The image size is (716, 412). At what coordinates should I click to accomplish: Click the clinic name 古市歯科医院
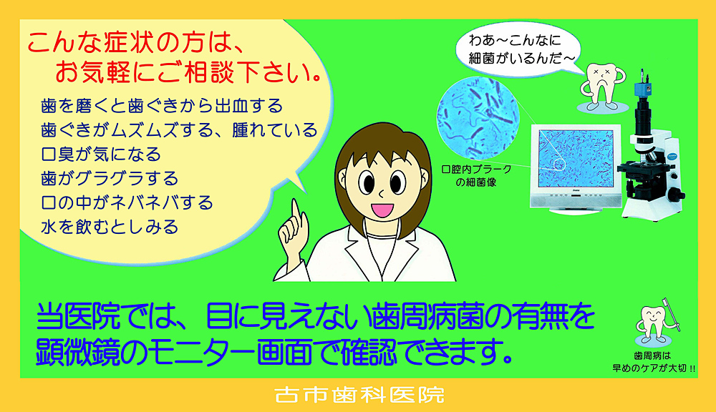click(x=359, y=395)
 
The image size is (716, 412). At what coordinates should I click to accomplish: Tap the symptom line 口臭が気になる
click(x=101, y=154)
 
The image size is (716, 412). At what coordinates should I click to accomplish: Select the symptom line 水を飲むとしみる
click(x=110, y=227)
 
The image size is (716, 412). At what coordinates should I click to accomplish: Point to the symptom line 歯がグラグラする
click(x=110, y=178)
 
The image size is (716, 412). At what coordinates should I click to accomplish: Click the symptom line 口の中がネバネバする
click(x=127, y=202)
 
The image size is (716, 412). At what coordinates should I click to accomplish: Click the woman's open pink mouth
click(x=382, y=210)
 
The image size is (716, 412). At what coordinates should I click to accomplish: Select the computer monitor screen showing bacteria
click(x=576, y=158)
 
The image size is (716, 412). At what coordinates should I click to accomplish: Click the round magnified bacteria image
click(x=478, y=117)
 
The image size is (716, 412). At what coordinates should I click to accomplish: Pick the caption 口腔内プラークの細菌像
click(x=476, y=176)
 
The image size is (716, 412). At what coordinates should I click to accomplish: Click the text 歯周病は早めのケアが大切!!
click(x=654, y=362)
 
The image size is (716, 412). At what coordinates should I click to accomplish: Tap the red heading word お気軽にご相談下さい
click(x=188, y=72)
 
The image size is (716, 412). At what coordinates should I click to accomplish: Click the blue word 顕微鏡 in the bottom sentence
click(x=78, y=352)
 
